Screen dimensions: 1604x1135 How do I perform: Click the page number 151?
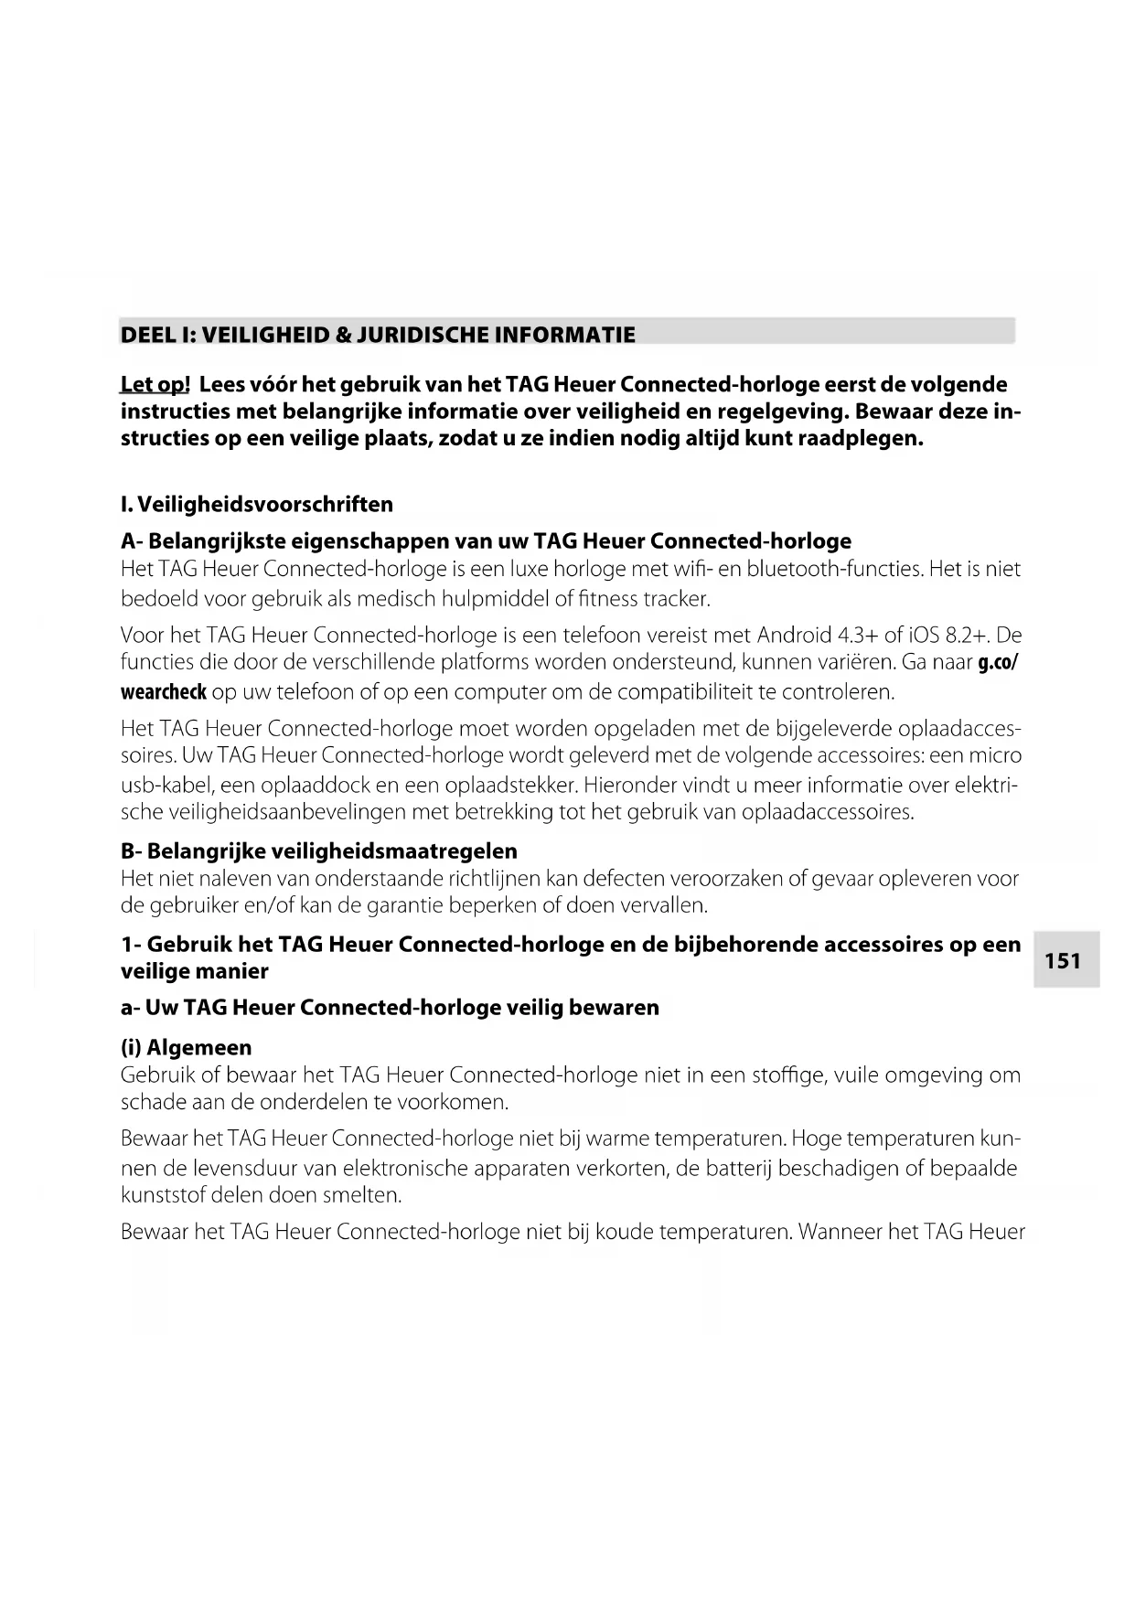[1063, 961]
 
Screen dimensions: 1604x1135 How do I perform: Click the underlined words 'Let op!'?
[155, 385]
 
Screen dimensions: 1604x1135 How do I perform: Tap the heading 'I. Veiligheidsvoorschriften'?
[257, 505]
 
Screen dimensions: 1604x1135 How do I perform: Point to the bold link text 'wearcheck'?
[164, 692]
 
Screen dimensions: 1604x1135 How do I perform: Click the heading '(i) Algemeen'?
[186, 1048]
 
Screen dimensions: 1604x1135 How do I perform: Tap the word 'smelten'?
[365, 1195]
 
